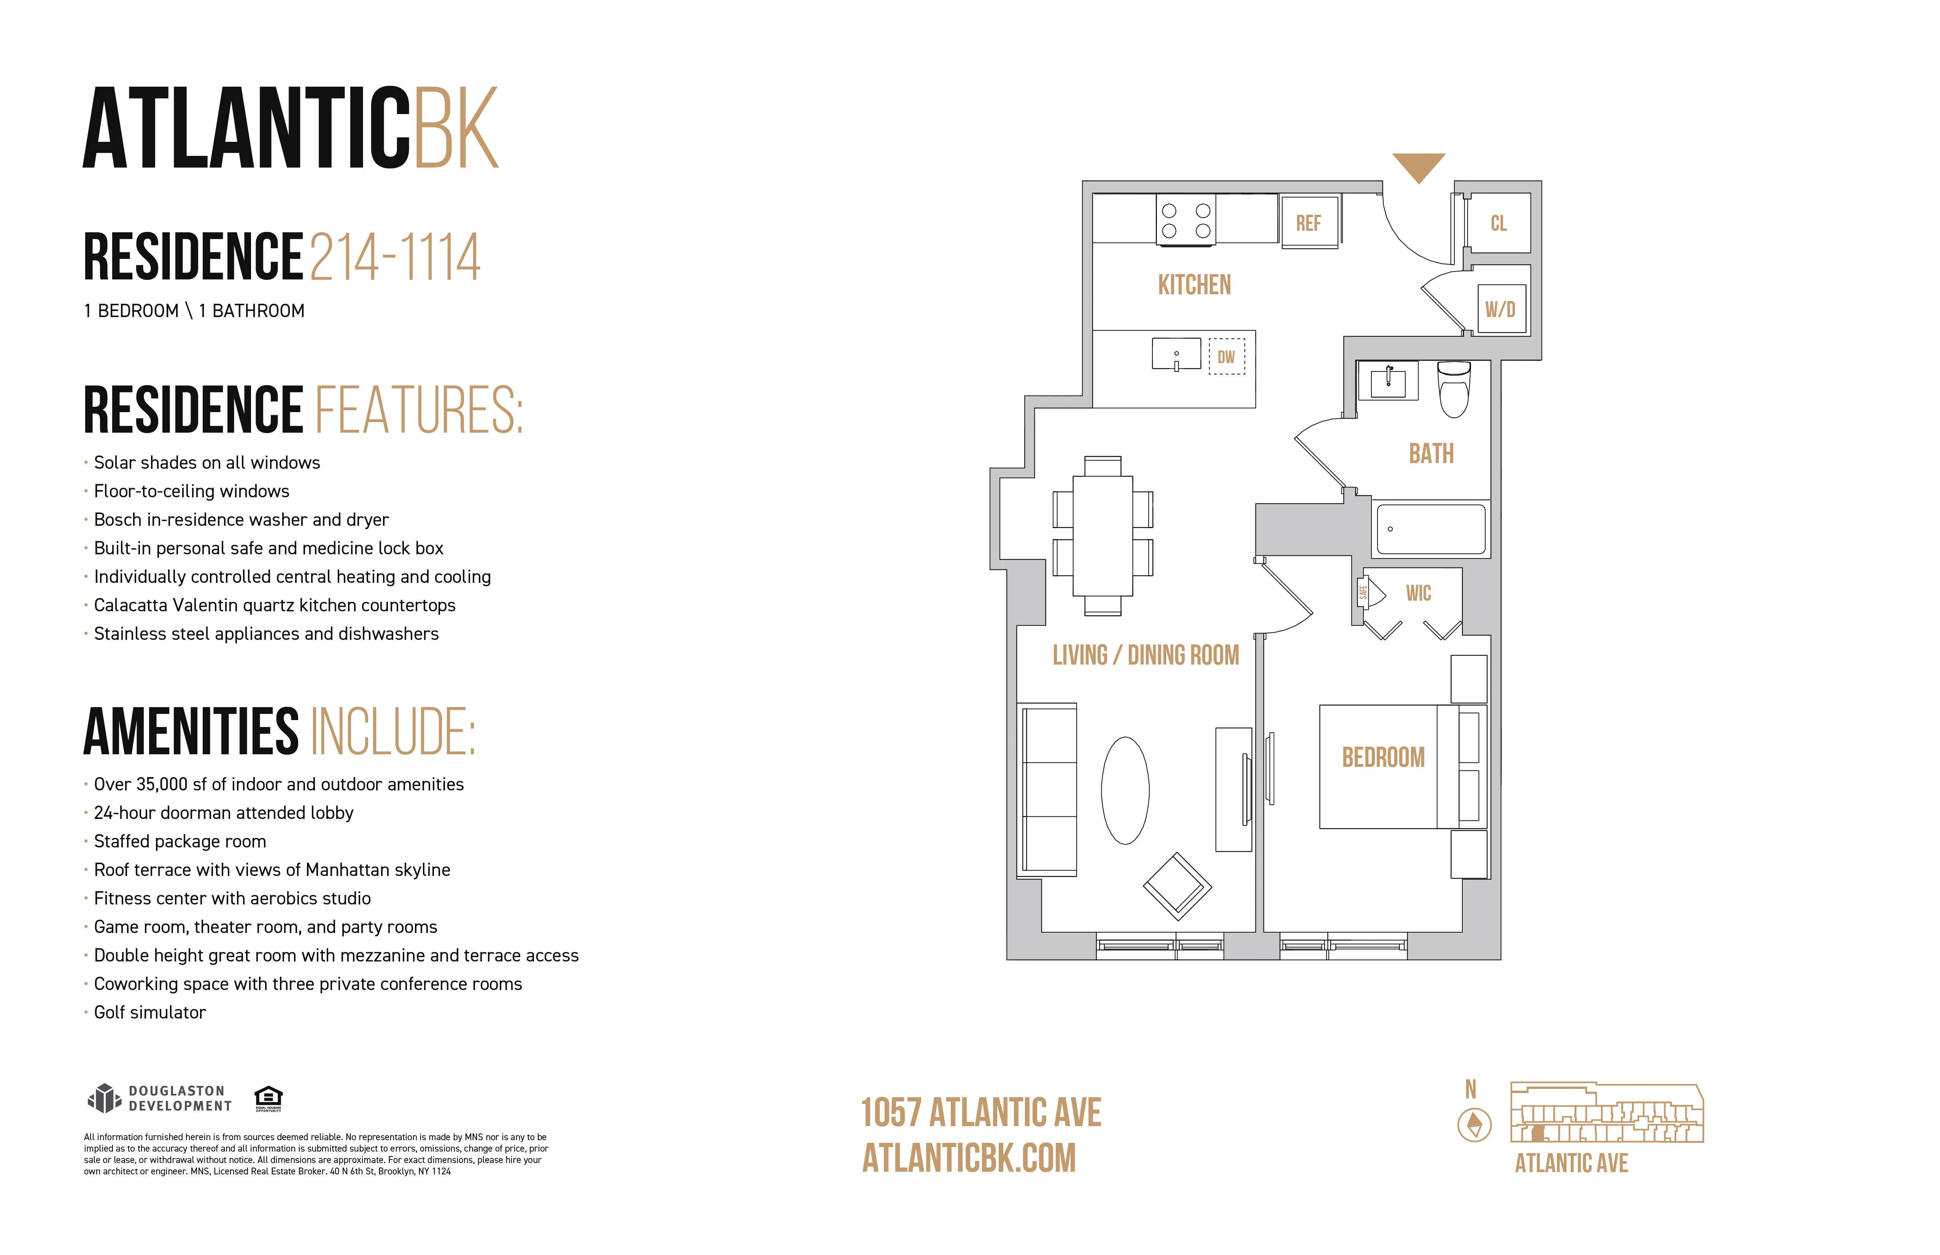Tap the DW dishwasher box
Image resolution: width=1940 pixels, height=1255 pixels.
tap(1226, 357)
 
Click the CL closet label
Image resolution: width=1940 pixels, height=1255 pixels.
tap(1498, 223)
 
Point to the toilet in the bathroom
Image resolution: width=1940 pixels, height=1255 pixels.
tap(1454, 390)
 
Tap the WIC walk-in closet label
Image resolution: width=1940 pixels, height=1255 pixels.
tap(1418, 593)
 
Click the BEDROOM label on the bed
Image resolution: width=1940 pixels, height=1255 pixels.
tap(1383, 757)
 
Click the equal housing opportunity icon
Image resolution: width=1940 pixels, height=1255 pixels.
tap(268, 1098)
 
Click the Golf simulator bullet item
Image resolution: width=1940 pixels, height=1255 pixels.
tap(150, 1012)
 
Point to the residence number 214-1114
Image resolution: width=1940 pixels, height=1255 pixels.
tap(395, 257)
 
